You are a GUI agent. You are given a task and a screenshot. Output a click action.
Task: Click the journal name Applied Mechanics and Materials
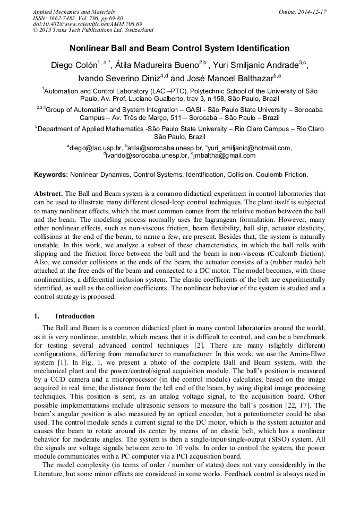[x=74, y=12]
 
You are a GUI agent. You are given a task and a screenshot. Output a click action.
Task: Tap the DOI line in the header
[x=87, y=24]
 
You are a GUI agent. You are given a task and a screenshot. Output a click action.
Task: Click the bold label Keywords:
[x=51, y=174]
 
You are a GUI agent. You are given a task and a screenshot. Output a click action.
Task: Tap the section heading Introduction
[x=75, y=316]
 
